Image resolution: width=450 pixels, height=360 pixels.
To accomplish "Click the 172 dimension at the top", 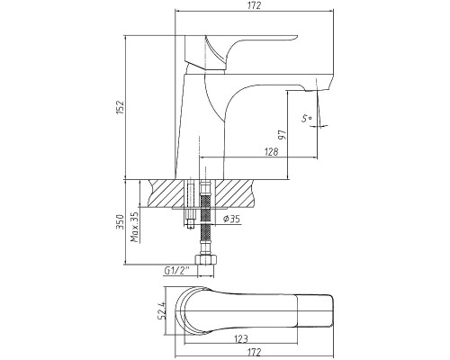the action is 255,5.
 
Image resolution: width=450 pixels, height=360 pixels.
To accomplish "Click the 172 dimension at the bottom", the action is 255,352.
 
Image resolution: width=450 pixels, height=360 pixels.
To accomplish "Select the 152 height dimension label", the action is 121,107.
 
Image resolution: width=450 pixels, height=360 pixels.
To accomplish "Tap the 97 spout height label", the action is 283,135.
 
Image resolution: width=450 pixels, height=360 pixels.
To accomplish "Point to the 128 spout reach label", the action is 272,152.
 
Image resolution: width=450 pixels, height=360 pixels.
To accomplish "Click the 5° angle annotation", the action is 307,119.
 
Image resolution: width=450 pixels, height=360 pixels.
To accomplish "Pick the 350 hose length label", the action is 121,222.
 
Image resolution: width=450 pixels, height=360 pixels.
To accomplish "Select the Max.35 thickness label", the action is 135,227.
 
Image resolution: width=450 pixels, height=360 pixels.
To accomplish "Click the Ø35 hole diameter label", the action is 231,220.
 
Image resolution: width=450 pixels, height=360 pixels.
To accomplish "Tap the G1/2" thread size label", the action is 177,270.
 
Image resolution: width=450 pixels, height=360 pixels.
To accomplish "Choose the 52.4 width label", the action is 162,311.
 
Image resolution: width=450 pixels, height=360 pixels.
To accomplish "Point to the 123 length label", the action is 241,339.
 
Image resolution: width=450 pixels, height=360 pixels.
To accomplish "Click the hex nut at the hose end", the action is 206,259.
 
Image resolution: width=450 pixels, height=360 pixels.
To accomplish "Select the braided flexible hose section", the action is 205,219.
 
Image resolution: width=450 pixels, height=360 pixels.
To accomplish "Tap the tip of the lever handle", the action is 296,37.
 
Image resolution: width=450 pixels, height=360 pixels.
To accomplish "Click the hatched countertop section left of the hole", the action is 166,193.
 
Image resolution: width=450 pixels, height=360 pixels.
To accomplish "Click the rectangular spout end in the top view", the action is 315,311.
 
